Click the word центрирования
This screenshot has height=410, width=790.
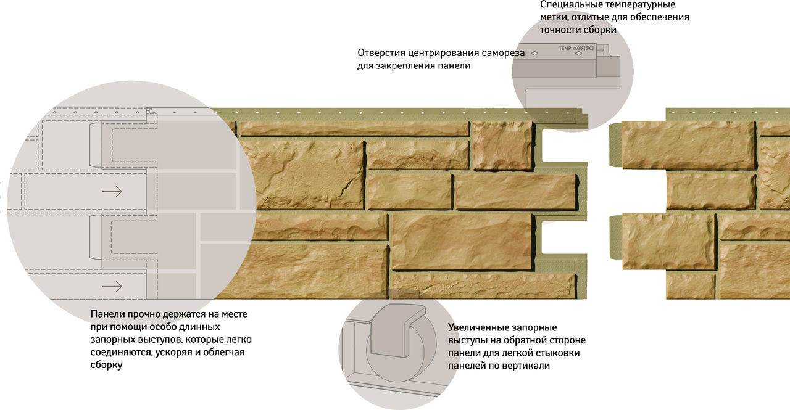tap(443, 53)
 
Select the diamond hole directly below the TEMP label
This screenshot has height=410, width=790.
tap(578, 54)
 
